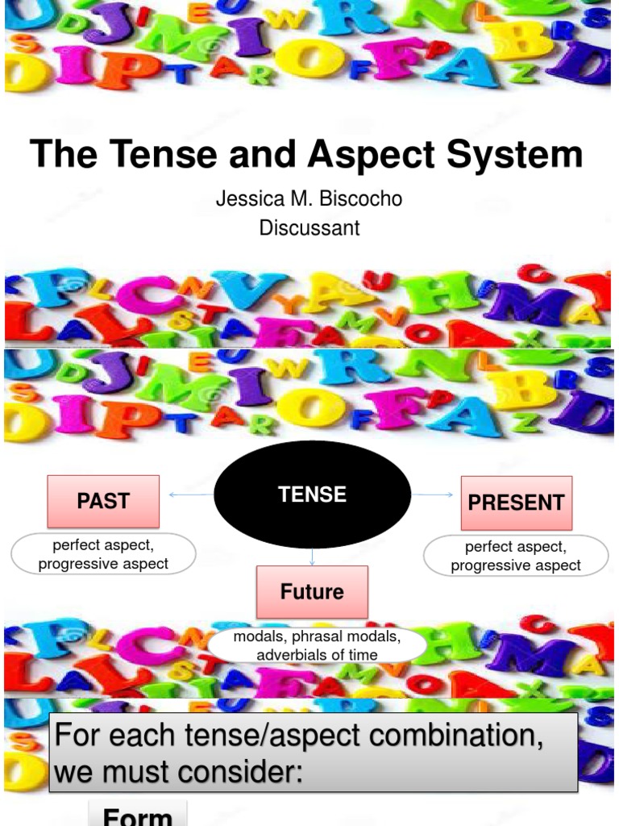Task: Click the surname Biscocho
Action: tap(356, 199)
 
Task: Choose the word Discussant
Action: tap(309, 228)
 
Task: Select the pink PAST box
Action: tap(103, 501)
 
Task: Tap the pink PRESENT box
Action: tap(516, 503)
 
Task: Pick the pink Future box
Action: tap(312, 592)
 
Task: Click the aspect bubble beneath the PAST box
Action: tap(103, 554)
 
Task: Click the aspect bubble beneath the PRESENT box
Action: tap(516, 556)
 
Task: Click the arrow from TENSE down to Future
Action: tap(312, 557)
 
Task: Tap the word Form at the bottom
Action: tap(138, 816)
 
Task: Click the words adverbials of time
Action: tap(317, 655)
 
